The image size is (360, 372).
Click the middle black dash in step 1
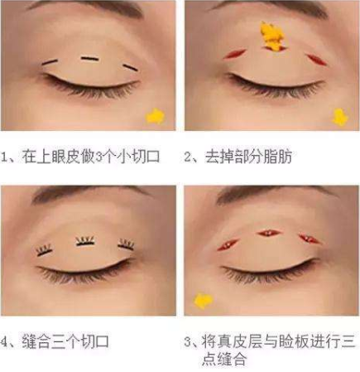tap(89, 58)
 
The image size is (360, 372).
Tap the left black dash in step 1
tap(50, 63)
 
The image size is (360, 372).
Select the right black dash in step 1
tap(129, 67)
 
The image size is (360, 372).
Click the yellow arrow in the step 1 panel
tap(155, 116)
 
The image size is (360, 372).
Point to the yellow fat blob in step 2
tap(271, 35)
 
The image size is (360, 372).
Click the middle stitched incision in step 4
tap(85, 241)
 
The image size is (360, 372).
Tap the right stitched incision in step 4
tap(126, 245)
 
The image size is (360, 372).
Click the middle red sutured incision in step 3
tap(271, 233)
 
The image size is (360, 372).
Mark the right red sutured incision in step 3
tap(309, 239)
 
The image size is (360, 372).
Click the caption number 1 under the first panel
tap(7, 156)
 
